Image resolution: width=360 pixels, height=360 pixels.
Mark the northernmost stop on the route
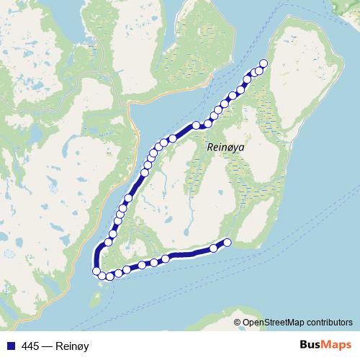click(263, 63)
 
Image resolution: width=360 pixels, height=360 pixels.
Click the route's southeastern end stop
click(228, 243)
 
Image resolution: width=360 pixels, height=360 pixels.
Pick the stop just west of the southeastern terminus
click(214, 248)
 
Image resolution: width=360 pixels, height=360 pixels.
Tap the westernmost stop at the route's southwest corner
click(96, 271)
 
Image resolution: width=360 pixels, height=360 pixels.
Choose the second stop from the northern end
click(258, 70)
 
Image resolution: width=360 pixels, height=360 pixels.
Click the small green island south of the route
click(99, 294)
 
